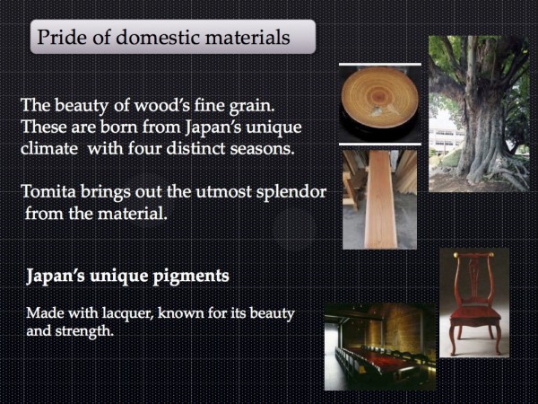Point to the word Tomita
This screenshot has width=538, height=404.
coord(48,191)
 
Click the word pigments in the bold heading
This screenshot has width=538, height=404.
coord(190,277)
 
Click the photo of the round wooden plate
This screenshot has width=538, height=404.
coord(380,103)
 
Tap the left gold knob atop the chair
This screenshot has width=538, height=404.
coord(456,255)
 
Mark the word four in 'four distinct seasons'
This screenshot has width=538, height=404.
coord(145,149)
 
